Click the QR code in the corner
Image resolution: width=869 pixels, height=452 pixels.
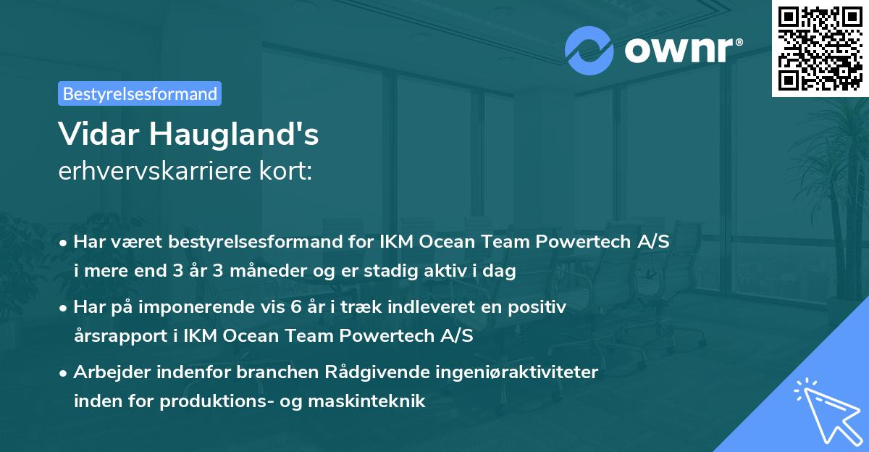pos(820,48)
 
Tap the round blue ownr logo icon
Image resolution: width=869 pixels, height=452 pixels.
pos(589,51)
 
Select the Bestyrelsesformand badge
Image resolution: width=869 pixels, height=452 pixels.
pos(140,93)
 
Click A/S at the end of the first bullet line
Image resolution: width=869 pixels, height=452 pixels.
pos(652,243)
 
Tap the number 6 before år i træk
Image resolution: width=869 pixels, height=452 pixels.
pos(295,307)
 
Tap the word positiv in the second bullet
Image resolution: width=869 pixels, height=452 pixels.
pos(539,307)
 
